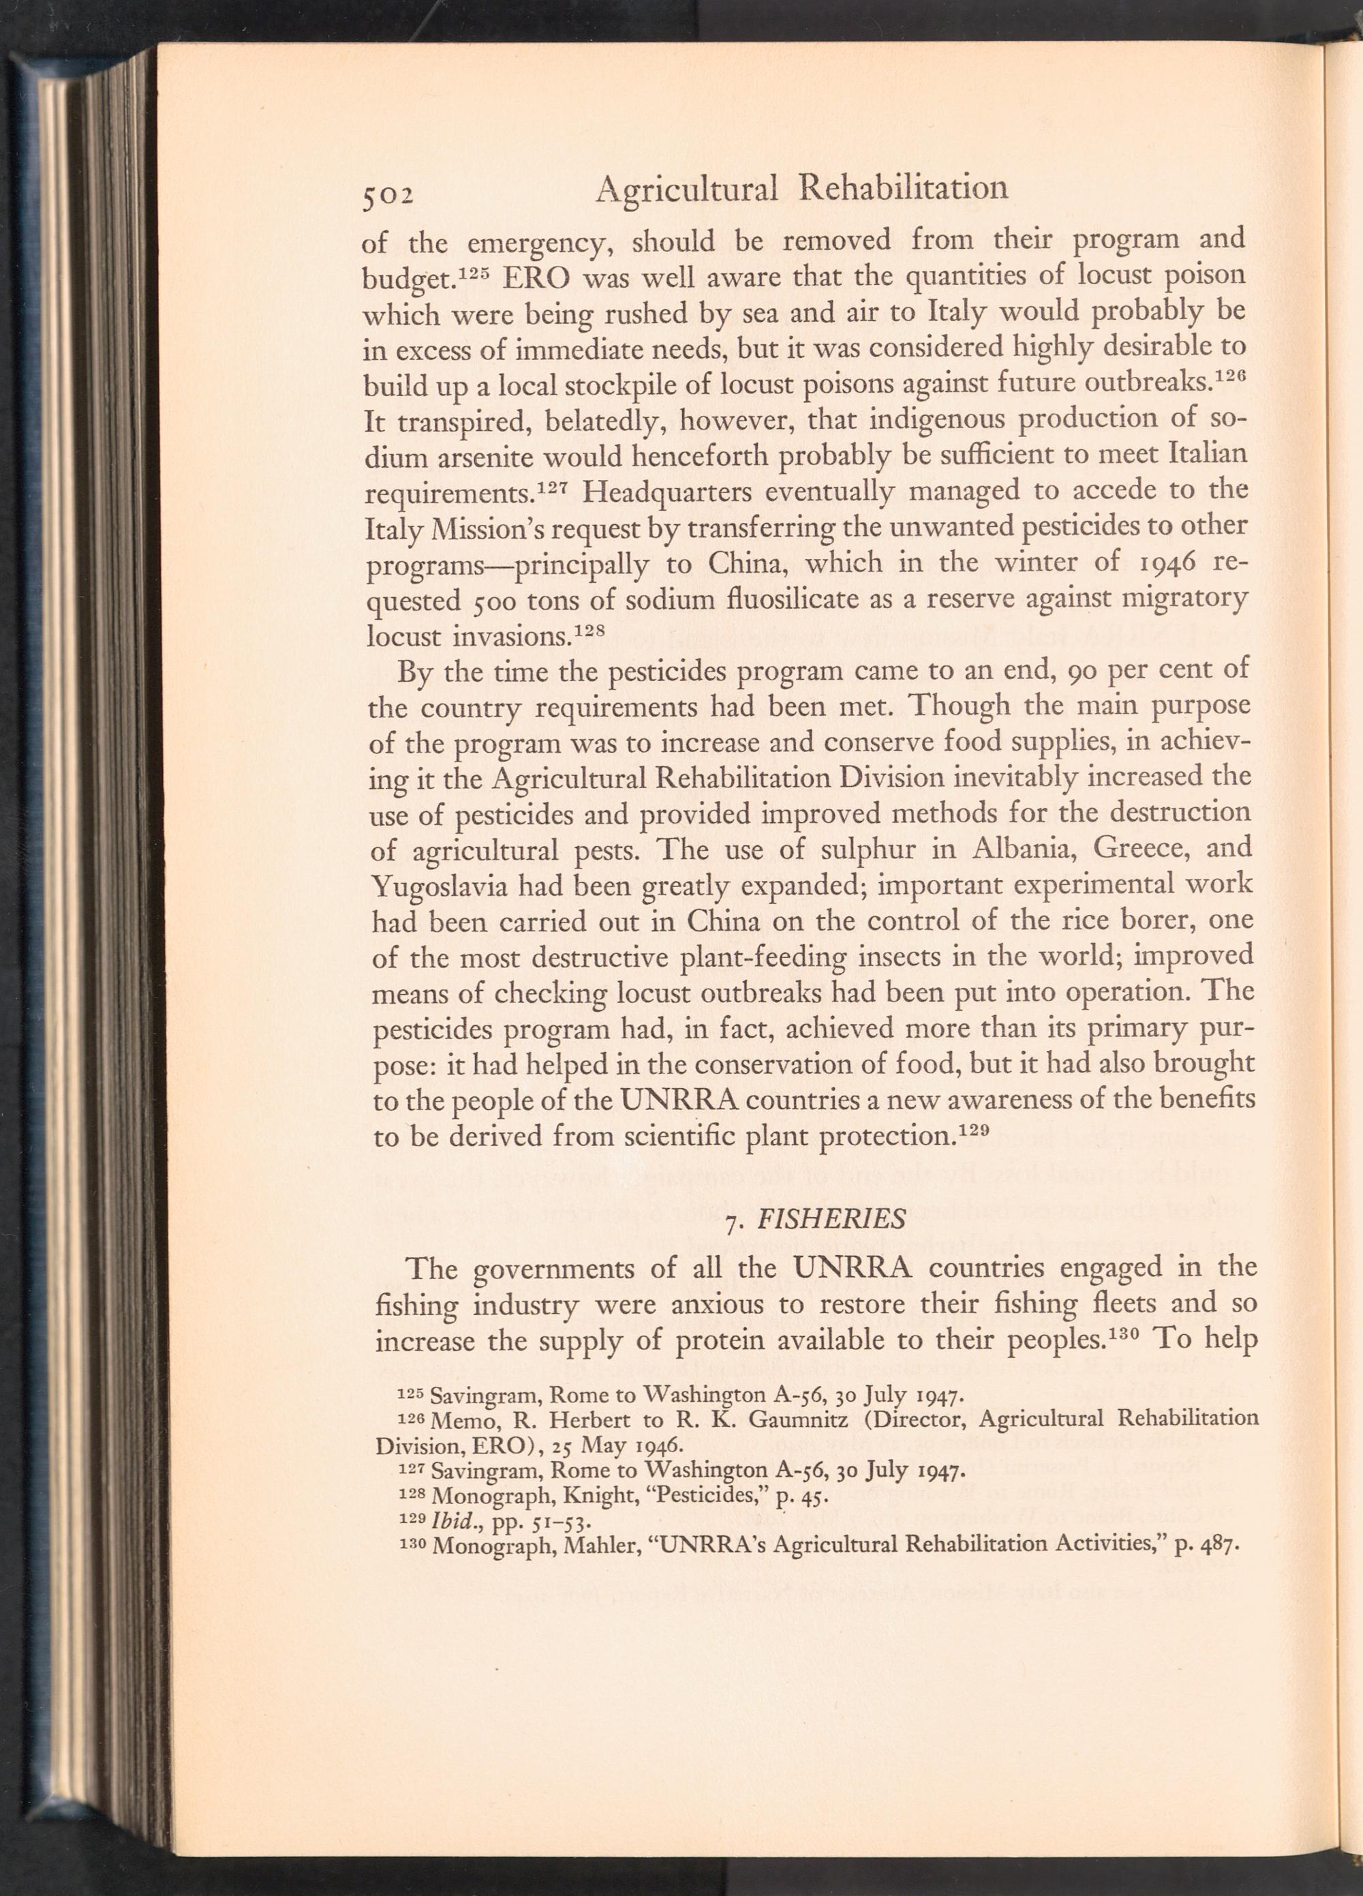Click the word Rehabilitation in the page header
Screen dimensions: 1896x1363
pyautogui.click(x=904, y=189)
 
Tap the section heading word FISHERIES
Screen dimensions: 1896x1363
pyautogui.click(x=831, y=1220)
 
